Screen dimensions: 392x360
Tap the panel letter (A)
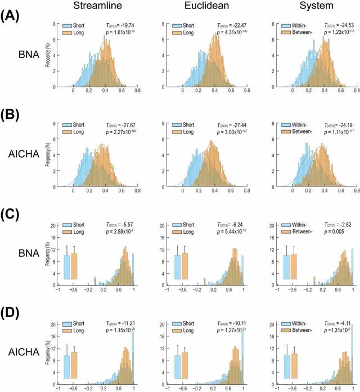tap(12, 16)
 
